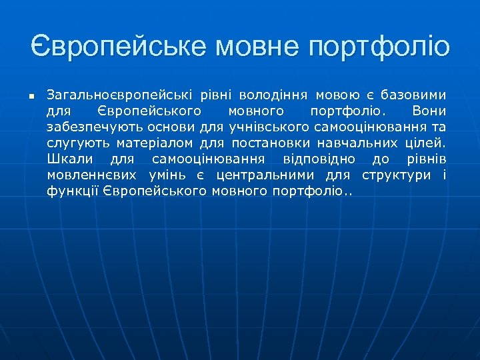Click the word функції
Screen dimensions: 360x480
pos(69,192)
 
